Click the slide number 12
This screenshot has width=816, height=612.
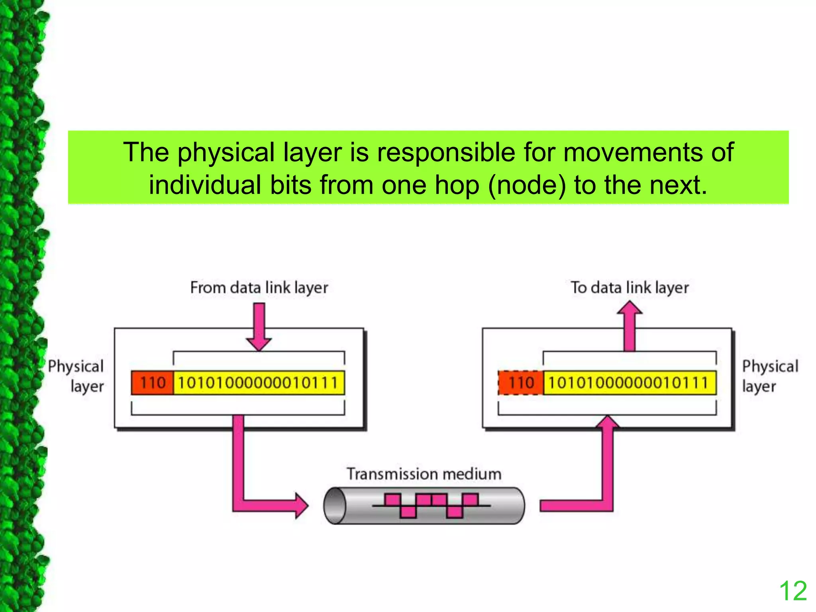tap(792, 591)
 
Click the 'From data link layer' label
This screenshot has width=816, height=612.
tap(259, 288)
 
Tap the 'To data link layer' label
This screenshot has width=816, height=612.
tap(630, 288)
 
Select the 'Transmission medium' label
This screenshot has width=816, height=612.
tap(424, 474)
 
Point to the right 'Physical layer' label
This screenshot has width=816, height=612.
tap(770, 376)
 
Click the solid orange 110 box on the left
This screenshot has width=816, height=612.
tap(152, 383)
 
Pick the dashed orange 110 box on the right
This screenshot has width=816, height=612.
tap(521, 383)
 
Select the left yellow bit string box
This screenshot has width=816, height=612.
tap(259, 383)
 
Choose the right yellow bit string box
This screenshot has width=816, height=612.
tap(630, 383)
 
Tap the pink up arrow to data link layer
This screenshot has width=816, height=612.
tap(630, 325)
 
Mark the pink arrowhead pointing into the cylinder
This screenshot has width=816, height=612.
tap(301, 506)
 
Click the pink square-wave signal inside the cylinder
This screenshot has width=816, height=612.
tap(432, 506)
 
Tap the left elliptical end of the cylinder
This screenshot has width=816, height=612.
tap(335, 506)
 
